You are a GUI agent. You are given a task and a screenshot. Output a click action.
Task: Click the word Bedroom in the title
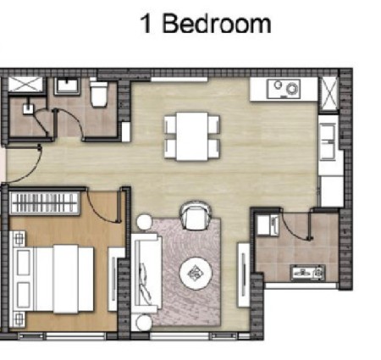(217, 24)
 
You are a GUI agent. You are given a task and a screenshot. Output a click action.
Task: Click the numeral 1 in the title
(146, 25)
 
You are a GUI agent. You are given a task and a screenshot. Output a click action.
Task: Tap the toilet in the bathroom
(99, 94)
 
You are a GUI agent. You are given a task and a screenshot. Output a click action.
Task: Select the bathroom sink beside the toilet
(67, 86)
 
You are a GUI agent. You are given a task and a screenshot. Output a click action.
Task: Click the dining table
(192, 136)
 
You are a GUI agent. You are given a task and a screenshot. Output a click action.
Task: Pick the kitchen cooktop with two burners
(284, 89)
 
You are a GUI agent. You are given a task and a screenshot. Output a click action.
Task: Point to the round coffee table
(196, 273)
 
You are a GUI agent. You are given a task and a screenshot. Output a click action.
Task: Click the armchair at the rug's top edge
(196, 216)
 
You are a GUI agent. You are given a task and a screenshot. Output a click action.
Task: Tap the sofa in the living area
(146, 273)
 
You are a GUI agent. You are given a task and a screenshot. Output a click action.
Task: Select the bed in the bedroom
(52, 279)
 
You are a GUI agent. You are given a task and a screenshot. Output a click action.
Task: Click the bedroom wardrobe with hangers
(44, 203)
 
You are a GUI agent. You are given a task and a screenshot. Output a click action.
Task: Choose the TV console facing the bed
(113, 280)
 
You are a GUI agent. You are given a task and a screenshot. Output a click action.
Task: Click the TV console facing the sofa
(243, 275)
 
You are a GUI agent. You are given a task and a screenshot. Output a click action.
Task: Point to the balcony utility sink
(308, 273)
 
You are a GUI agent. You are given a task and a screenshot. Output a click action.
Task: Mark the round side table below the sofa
(144, 322)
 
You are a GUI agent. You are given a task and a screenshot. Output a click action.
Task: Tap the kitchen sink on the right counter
(328, 141)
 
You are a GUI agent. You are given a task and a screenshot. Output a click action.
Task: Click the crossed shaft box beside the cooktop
(329, 93)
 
